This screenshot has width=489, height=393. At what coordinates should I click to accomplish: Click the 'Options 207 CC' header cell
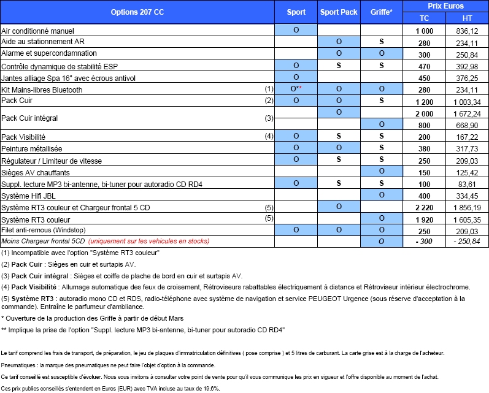[x=137, y=12]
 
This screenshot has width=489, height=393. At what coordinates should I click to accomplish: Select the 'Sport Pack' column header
[x=339, y=12]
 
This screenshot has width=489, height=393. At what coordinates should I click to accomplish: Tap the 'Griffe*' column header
[x=382, y=12]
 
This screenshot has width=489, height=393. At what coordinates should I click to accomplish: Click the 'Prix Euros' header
[x=445, y=6]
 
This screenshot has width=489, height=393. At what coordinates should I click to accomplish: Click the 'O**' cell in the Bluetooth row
[x=296, y=90]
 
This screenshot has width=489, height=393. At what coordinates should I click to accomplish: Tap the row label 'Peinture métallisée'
[x=32, y=148]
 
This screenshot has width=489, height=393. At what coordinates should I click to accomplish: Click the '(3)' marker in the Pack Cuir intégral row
[x=269, y=118]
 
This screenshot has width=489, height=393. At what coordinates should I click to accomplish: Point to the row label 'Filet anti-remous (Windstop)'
[x=44, y=230]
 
